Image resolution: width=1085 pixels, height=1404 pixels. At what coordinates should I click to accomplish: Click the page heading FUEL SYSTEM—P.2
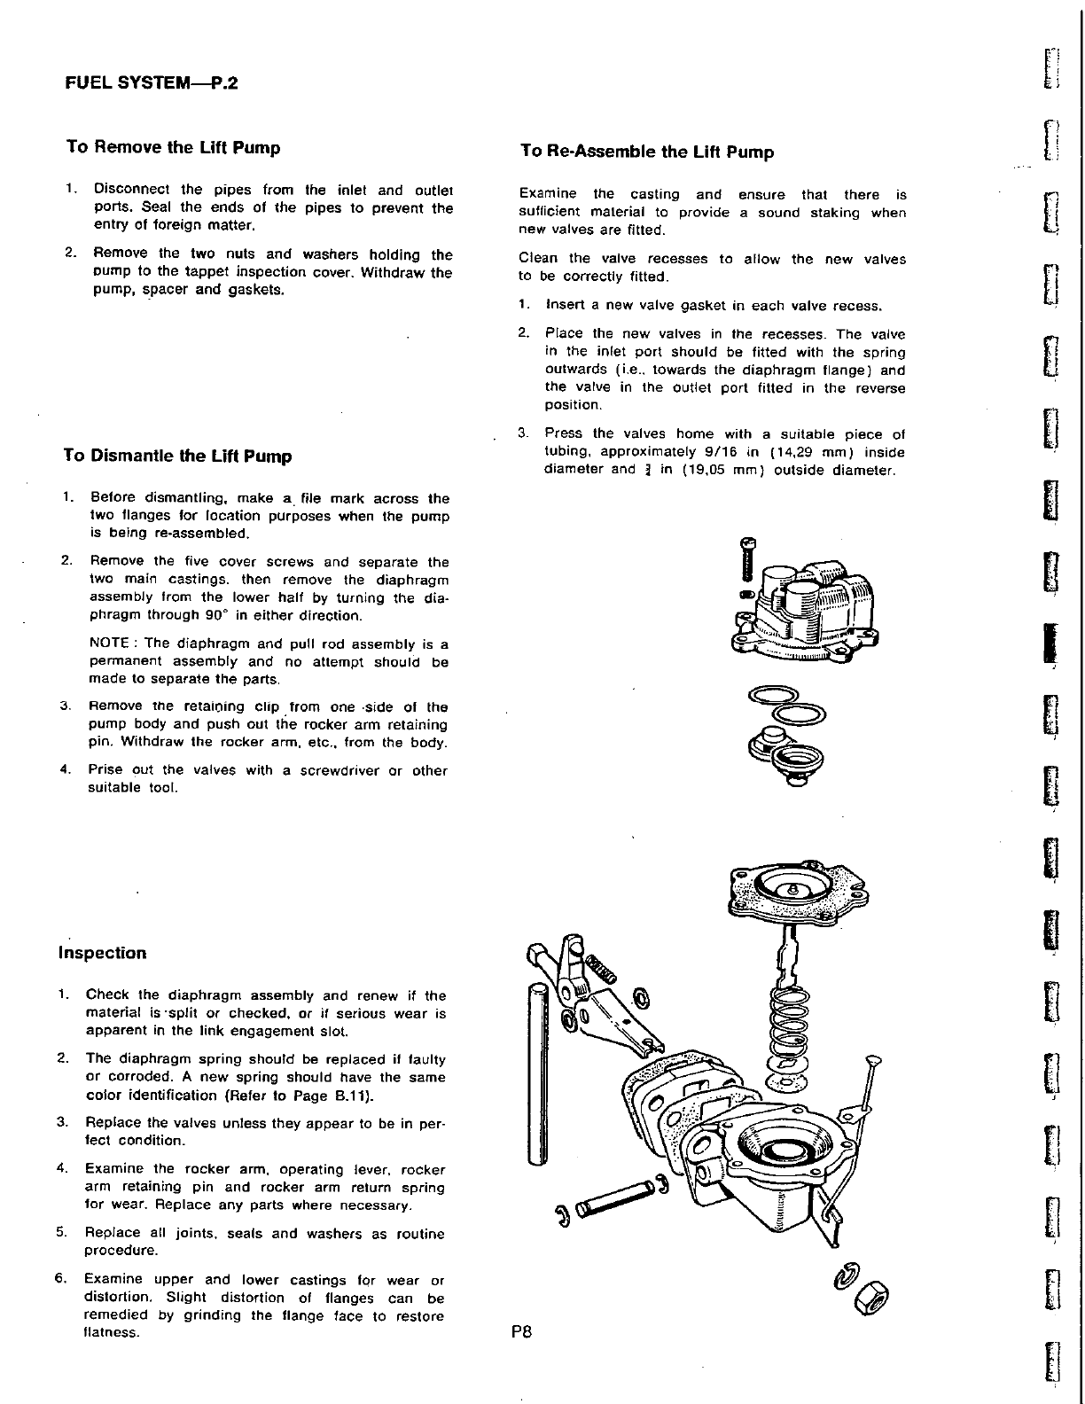(x=152, y=84)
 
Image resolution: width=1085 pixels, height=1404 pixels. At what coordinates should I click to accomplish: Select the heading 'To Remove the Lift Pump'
(x=174, y=147)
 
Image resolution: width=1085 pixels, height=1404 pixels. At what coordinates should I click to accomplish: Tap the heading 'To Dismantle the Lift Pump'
(x=177, y=456)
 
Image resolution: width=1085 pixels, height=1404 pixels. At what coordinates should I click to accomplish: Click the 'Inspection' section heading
(x=102, y=954)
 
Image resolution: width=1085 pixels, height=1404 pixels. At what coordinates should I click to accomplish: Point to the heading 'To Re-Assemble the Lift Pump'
(x=647, y=152)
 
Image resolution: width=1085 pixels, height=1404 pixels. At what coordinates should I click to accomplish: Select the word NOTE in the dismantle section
(x=110, y=643)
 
